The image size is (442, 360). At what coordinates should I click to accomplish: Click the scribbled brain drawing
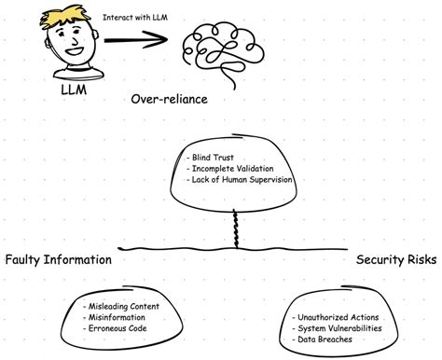(218, 48)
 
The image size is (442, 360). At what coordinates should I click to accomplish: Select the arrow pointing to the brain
(135, 40)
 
